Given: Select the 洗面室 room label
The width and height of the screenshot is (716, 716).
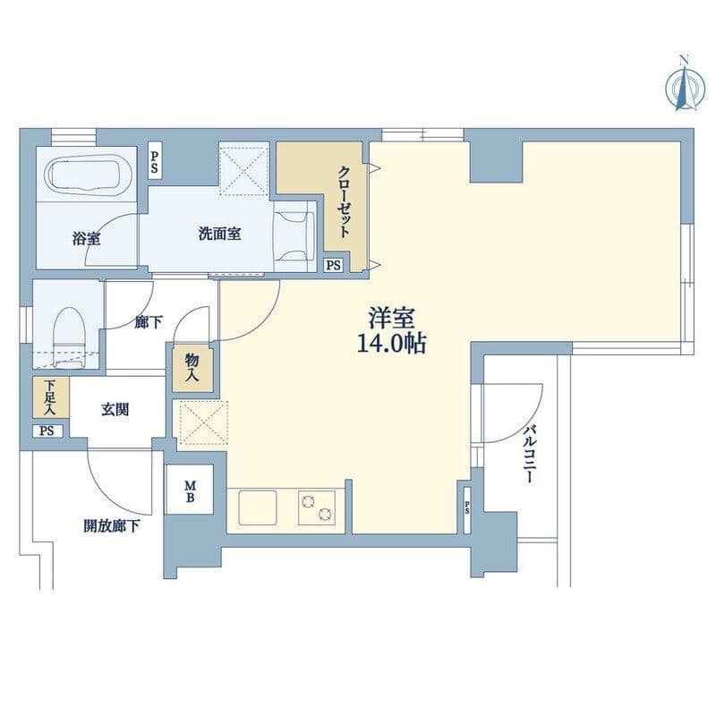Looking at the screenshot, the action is click(x=219, y=234).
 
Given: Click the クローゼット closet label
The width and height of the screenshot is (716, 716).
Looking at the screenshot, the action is click(x=345, y=201).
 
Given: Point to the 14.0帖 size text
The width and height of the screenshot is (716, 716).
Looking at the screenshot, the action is click(x=391, y=343).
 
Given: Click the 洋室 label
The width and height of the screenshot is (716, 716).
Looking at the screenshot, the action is click(x=392, y=318).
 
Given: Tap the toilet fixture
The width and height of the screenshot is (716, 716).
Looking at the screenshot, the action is click(x=70, y=337).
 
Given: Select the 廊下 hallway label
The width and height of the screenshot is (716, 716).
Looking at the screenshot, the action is click(x=149, y=322).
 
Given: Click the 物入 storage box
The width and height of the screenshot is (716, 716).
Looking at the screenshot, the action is click(x=192, y=368).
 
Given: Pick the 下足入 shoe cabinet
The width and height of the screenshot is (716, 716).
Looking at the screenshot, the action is click(x=51, y=397).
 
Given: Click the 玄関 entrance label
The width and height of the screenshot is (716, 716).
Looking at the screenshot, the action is click(x=115, y=409).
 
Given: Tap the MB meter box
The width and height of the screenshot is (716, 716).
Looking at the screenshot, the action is click(x=190, y=490).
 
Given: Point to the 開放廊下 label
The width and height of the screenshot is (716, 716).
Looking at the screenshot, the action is click(x=111, y=526).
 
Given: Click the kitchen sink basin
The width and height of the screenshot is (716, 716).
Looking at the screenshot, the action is click(x=258, y=507).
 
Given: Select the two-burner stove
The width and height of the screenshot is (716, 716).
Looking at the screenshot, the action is click(x=317, y=507).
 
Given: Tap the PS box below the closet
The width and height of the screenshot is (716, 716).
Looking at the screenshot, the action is click(x=333, y=265).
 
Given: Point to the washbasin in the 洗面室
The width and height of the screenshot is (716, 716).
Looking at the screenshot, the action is click(x=294, y=236).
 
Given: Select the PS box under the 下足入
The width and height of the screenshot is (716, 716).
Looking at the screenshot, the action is click(x=47, y=431).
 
